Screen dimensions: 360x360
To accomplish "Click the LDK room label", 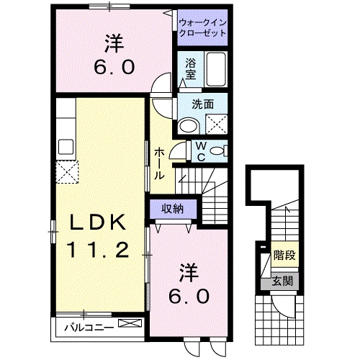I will (99, 222).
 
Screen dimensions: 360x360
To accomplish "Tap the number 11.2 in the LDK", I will (99, 250).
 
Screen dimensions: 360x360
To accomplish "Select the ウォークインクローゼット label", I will (202, 28).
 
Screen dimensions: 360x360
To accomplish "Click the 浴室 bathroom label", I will (191, 68).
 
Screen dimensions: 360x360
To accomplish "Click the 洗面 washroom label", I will (202, 104).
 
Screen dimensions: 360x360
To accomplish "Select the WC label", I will (201, 150).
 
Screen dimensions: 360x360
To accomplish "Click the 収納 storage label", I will (171, 209).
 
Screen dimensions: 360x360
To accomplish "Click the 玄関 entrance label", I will (282, 281).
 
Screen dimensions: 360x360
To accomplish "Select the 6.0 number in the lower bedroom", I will (189, 295).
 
